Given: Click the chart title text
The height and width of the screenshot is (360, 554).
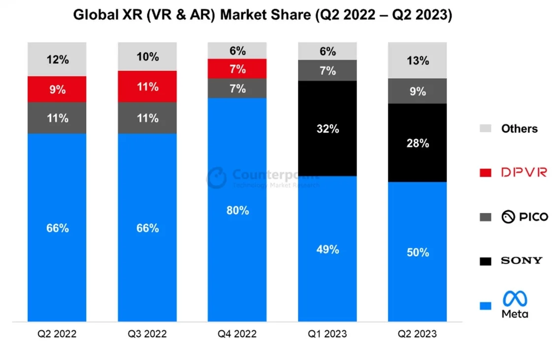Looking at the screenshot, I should (262, 15).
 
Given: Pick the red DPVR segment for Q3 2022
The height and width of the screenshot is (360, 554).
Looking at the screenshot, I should (147, 87).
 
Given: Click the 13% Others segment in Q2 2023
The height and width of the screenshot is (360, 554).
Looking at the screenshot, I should (418, 61).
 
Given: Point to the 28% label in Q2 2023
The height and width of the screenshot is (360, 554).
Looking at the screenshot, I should (418, 143).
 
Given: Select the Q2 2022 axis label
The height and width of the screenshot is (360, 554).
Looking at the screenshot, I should (57, 334).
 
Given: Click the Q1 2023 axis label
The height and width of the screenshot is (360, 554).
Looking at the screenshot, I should (327, 334).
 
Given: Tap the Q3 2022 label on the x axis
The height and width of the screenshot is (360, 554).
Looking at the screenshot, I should (147, 334).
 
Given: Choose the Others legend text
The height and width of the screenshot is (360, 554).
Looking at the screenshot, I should (519, 129).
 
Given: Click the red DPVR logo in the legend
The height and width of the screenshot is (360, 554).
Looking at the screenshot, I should (524, 172).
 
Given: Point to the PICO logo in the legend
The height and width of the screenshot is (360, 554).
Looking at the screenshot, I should (524, 217).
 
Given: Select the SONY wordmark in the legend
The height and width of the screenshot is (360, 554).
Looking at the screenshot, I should (521, 261).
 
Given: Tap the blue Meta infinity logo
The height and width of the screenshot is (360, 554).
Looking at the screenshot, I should (515, 298).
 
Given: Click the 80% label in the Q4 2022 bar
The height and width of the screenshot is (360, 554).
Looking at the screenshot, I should (237, 210).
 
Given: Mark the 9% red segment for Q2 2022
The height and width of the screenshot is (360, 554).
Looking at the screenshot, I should (57, 90).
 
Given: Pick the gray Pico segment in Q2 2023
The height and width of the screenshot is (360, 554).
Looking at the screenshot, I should (418, 91).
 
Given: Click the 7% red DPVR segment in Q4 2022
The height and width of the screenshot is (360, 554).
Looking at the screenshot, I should (237, 69).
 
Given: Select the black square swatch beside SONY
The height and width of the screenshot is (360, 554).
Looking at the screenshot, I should (485, 261).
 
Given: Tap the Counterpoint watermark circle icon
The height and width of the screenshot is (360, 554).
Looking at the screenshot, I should (217, 177).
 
